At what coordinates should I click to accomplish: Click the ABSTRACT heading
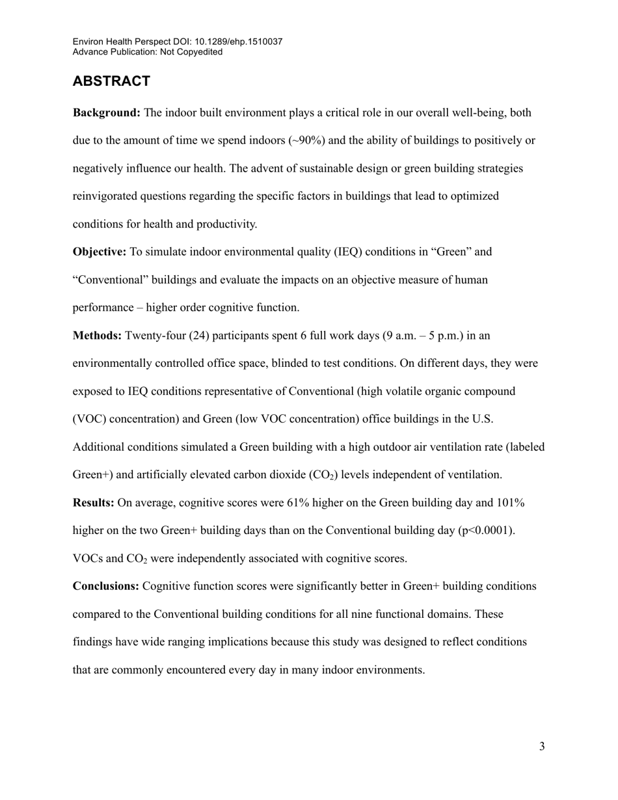[111, 81]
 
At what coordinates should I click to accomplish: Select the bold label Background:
[106, 113]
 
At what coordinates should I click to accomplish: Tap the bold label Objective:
[100, 252]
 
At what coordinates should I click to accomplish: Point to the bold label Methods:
[97, 336]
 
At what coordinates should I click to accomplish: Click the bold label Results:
[94, 503]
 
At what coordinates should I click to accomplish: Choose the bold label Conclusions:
[106, 586]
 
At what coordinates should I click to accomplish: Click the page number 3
[541, 747]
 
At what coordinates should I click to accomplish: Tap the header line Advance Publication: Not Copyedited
[148, 52]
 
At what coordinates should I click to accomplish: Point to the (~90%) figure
[307, 140]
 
